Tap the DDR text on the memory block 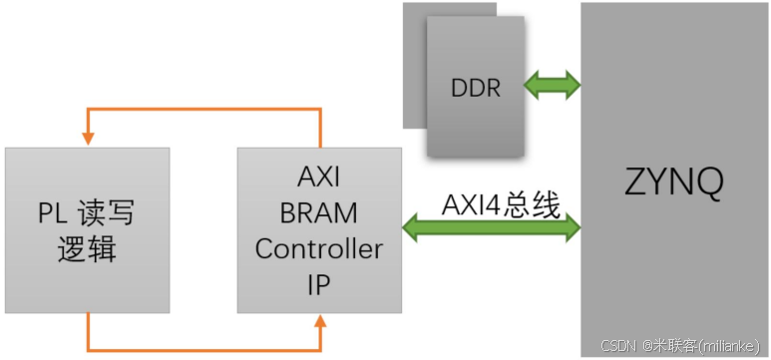click(x=476, y=87)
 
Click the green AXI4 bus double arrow click(x=492, y=229)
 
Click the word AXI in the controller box click(x=318, y=177)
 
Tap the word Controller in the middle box click(x=318, y=248)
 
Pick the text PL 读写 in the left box click(x=86, y=212)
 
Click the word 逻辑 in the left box click(x=86, y=249)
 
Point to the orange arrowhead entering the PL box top click(x=88, y=139)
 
